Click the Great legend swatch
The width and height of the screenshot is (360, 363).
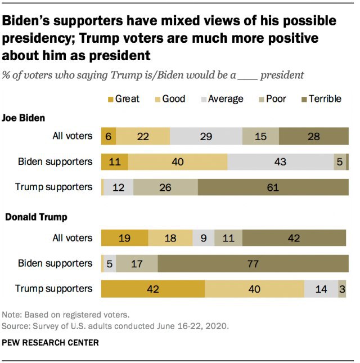click(x=109, y=99)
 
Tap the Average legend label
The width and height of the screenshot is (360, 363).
click(x=226, y=99)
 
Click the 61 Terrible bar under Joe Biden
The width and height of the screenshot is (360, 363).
click(x=273, y=187)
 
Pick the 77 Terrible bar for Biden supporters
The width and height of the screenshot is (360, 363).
click(x=253, y=263)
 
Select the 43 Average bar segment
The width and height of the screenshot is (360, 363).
click(x=280, y=162)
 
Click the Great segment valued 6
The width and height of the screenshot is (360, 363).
click(x=108, y=136)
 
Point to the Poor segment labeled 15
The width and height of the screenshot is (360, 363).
click(x=260, y=136)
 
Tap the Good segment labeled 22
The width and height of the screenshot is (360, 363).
click(x=142, y=136)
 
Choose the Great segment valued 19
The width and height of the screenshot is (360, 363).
click(x=124, y=238)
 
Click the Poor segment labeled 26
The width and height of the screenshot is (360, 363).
click(x=165, y=187)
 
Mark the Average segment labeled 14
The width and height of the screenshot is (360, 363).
click(x=321, y=289)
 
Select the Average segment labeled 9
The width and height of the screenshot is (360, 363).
click(x=203, y=238)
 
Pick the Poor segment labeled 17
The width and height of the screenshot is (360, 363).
click(x=137, y=263)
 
